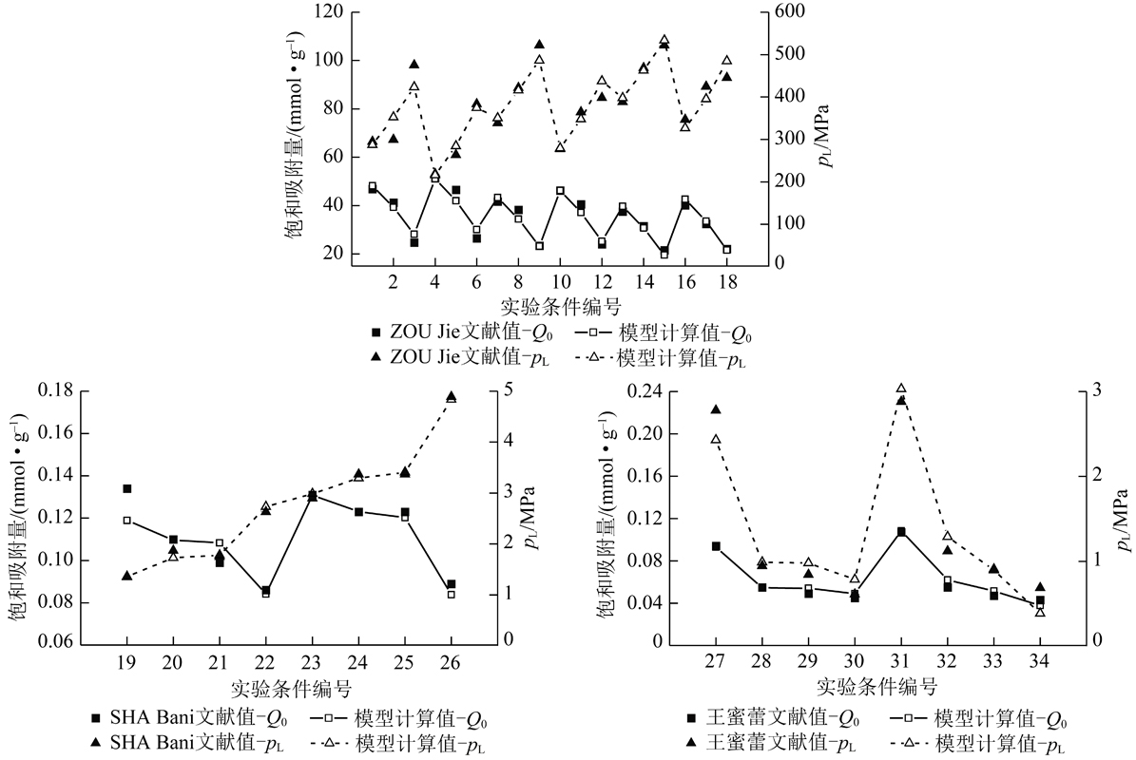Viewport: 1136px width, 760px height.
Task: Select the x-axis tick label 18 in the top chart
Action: point(727,282)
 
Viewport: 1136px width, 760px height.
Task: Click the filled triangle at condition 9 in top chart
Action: point(539,45)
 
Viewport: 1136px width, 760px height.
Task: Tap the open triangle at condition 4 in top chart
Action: point(434,174)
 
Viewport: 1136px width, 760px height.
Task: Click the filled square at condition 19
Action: point(126,488)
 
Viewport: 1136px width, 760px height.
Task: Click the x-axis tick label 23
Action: point(312,662)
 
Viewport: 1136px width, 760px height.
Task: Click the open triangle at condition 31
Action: point(901,389)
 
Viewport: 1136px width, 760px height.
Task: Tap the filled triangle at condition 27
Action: point(716,409)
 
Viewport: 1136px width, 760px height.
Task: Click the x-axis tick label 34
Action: point(1040,662)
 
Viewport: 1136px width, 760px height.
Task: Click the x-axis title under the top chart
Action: point(560,306)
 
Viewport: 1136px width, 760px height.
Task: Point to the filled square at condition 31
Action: point(901,532)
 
